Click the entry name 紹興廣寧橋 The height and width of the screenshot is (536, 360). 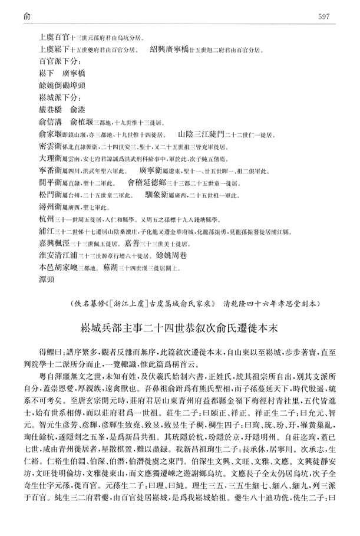171,50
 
